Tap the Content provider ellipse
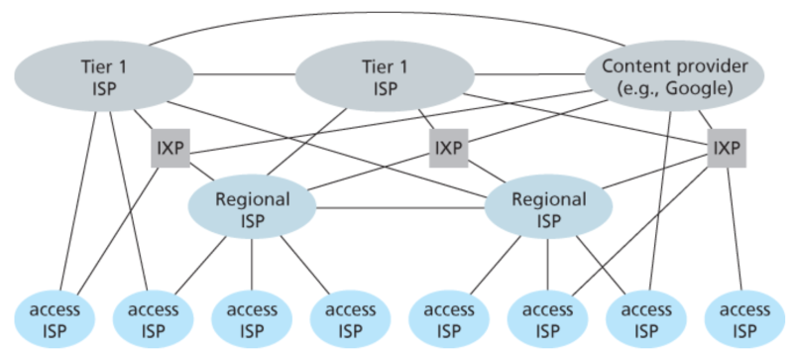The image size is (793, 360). (x=675, y=77)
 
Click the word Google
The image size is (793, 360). (x=704, y=87)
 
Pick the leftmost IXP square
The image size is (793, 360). (x=170, y=150)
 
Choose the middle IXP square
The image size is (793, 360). (x=449, y=150)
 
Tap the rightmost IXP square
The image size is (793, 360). (x=727, y=150)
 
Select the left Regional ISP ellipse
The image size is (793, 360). (x=252, y=209)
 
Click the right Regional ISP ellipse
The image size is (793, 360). (x=548, y=209)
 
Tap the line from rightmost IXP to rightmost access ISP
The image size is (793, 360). (x=735, y=228)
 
